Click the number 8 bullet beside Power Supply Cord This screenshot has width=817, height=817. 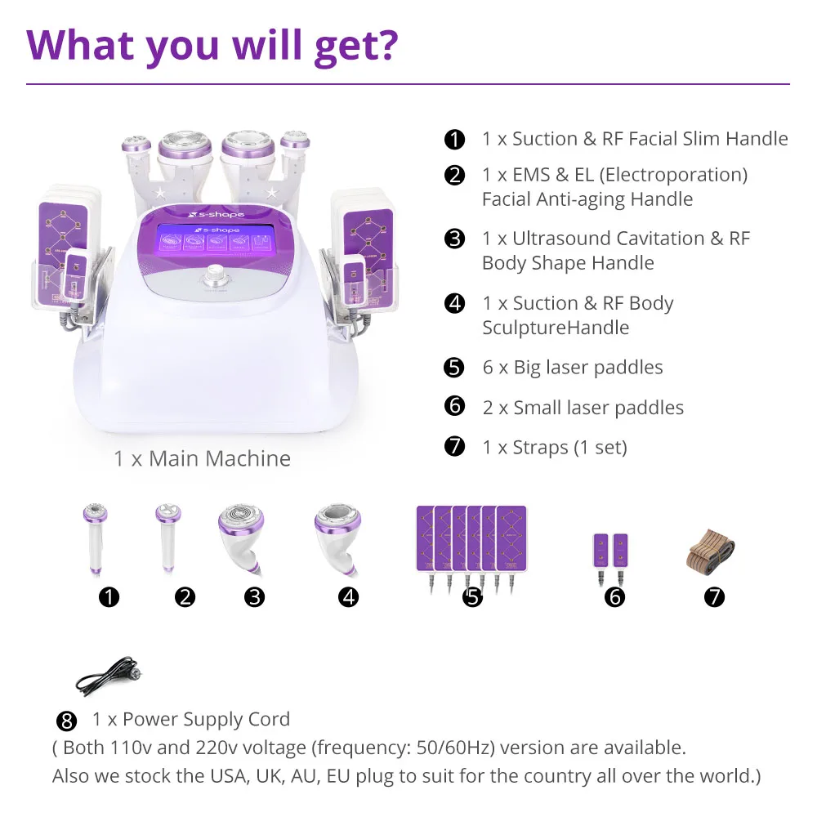[68, 721]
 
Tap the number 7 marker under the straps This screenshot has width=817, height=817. [714, 597]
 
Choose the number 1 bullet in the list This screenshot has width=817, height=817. [454, 140]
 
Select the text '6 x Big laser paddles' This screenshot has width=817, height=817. [572, 368]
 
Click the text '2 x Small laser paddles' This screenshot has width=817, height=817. [583, 408]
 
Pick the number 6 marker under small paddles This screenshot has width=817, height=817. [615, 597]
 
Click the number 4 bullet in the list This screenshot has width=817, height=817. [454, 304]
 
